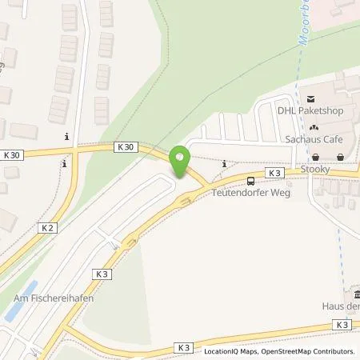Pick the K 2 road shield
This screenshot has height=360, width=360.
tap(46, 228)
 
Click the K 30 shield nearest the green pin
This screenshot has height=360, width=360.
tap(125, 147)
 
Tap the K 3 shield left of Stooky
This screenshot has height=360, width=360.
tap(274, 173)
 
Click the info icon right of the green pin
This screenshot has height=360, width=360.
tap(224, 164)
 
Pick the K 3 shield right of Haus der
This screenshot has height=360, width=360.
tap(342, 324)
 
